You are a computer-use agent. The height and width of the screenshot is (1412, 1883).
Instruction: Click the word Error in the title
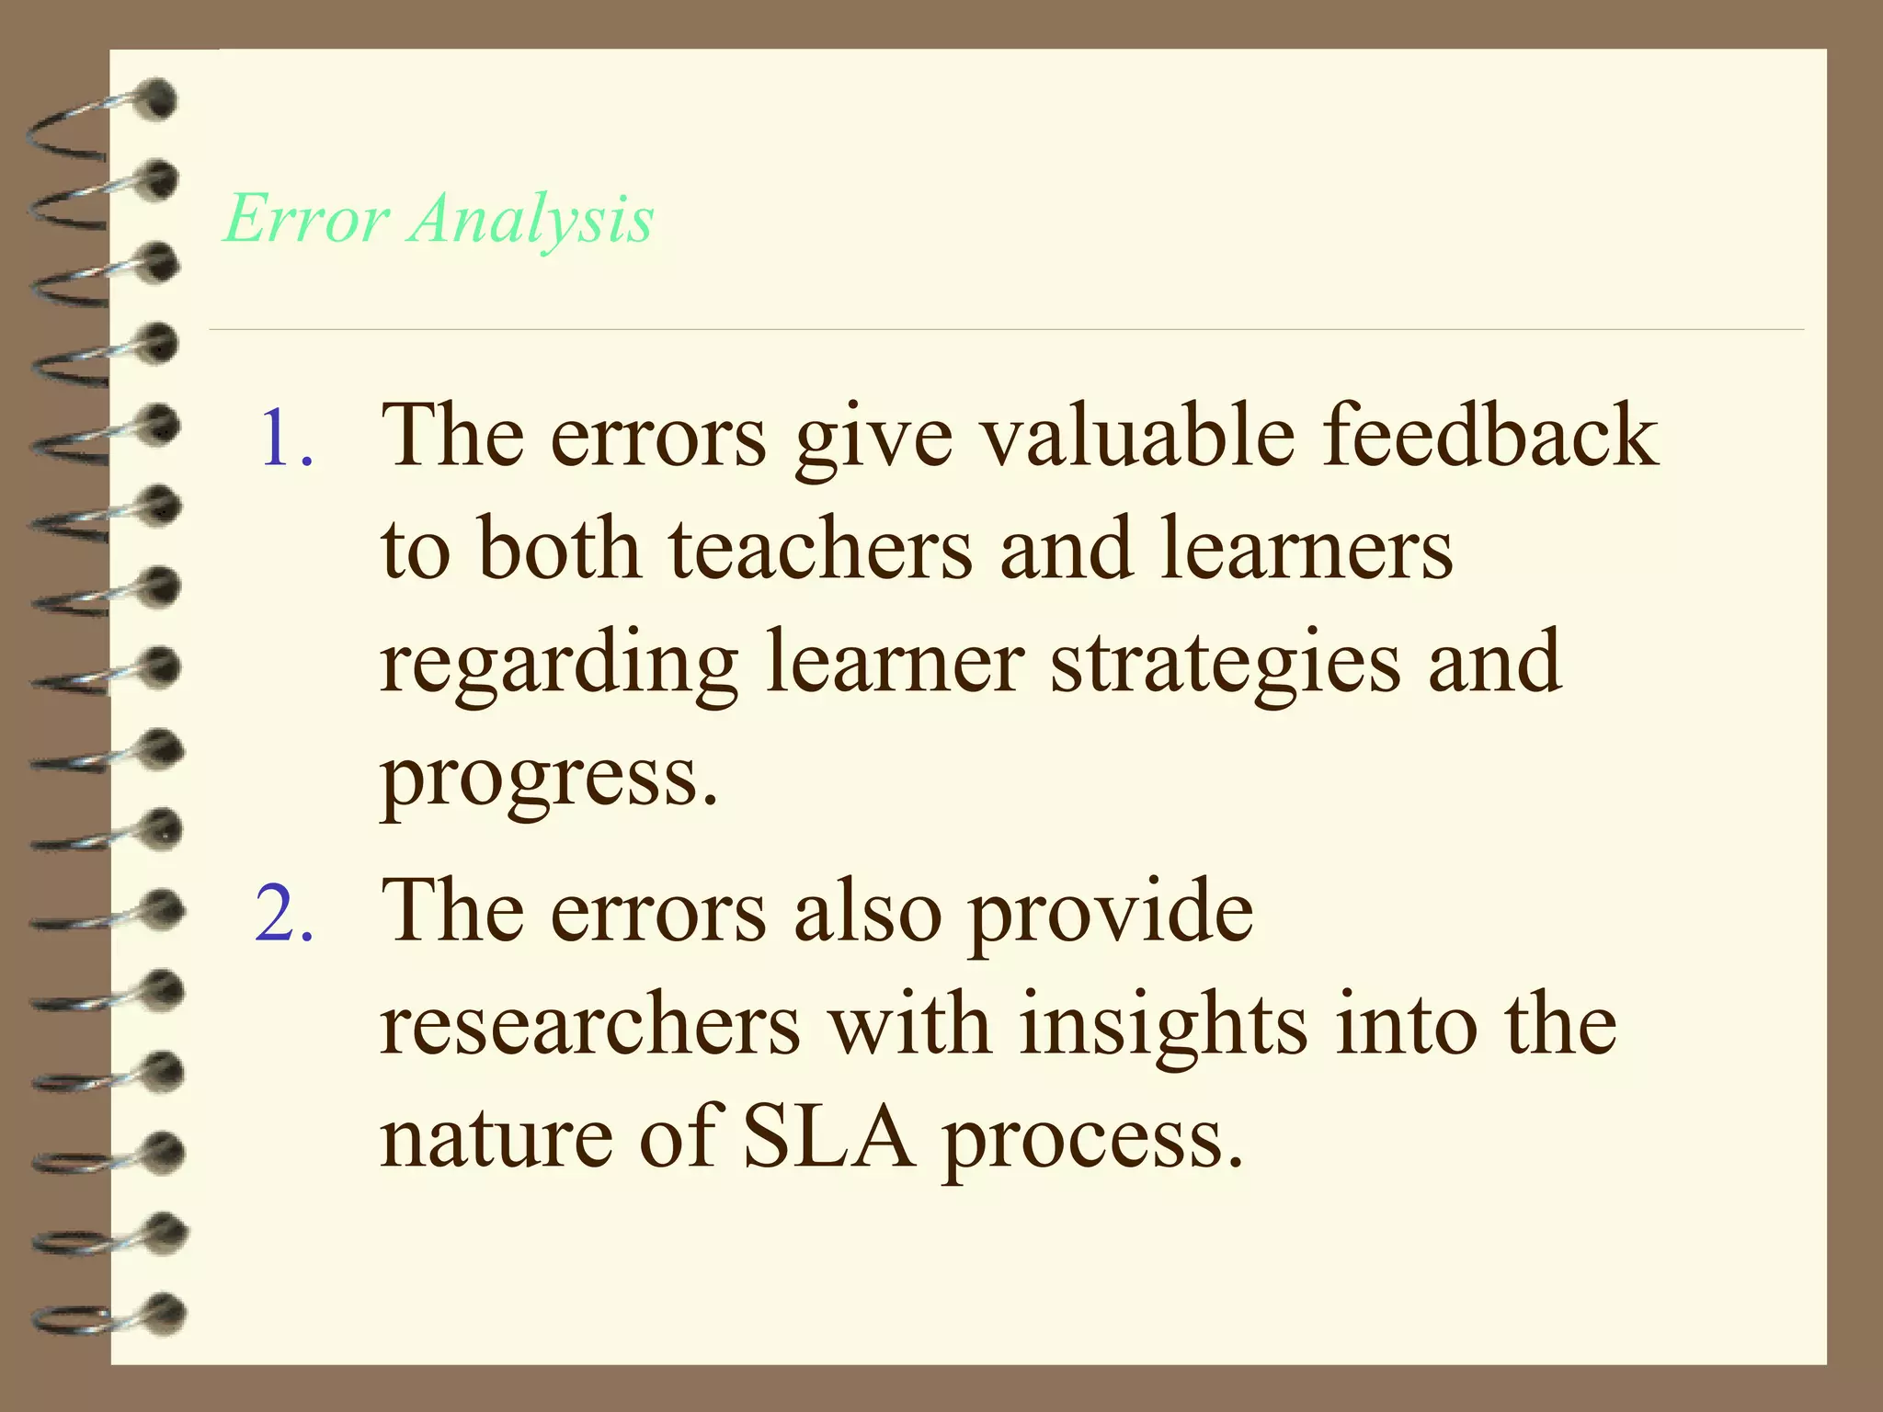click(306, 220)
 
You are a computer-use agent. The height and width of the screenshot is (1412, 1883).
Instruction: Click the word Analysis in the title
click(531, 220)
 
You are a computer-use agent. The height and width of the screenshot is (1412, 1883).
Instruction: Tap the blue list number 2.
click(284, 915)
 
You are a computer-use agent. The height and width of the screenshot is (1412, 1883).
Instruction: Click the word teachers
click(819, 549)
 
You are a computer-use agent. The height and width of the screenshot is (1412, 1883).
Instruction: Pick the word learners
click(1307, 549)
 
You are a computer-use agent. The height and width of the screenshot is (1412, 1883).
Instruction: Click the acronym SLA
click(828, 1138)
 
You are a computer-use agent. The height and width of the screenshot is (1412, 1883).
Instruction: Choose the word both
click(559, 549)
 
